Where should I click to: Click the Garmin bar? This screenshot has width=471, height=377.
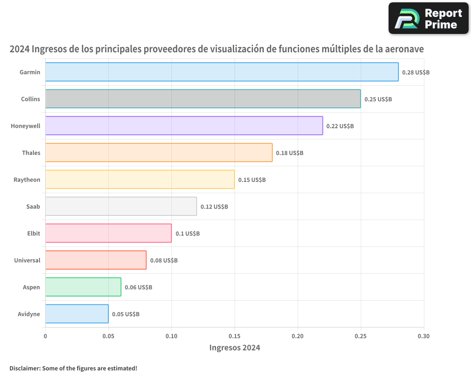(x=222, y=72)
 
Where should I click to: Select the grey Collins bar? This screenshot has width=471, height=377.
(x=203, y=99)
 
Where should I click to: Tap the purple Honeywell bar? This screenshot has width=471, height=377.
(x=184, y=126)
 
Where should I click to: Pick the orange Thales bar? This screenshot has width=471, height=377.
(x=159, y=153)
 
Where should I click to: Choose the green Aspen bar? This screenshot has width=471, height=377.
(x=83, y=287)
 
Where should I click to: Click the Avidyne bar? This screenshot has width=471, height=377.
(x=77, y=314)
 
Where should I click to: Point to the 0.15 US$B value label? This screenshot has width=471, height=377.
(x=252, y=180)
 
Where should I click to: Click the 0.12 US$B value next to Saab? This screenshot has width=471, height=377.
(x=214, y=207)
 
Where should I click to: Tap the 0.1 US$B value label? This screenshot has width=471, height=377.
(x=187, y=234)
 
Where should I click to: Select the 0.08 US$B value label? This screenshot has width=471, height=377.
(x=164, y=261)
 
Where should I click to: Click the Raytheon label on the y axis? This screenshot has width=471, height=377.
(x=27, y=180)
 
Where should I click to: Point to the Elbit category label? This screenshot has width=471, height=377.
(x=34, y=234)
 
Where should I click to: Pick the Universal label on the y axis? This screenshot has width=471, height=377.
(x=27, y=261)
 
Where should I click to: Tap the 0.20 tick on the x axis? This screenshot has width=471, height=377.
(x=298, y=336)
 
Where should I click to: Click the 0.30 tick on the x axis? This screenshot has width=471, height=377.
(x=423, y=336)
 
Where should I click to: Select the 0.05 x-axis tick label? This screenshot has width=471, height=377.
(x=108, y=336)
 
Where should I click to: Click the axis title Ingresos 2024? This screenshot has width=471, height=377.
(x=235, y=348)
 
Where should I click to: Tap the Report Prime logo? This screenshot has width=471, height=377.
(x=429, y=18)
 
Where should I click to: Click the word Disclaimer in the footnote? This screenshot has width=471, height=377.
(x=24, y=368)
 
